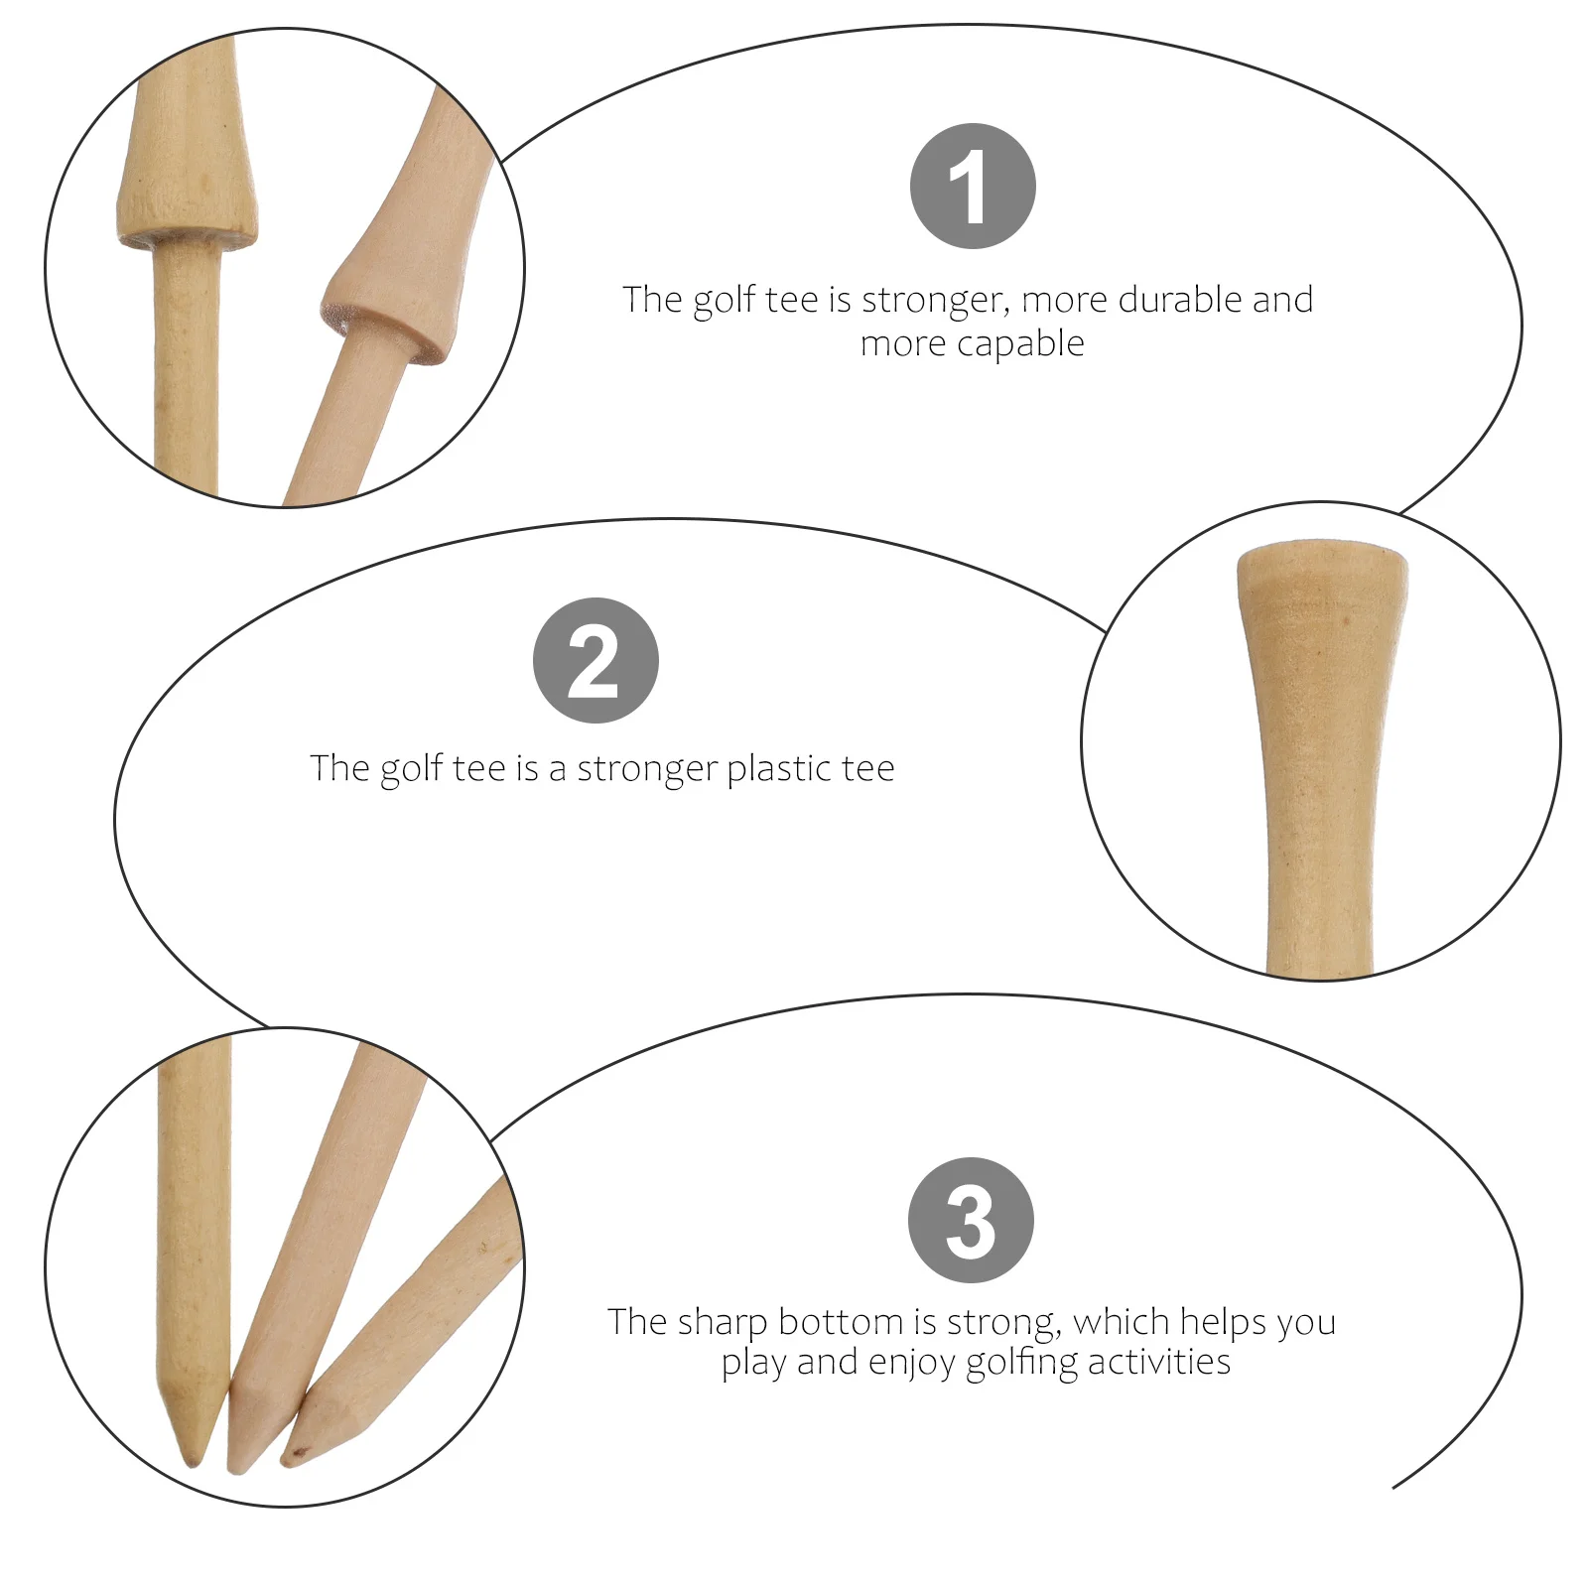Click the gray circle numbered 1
coord(972,186)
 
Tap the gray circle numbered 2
coord(595,660)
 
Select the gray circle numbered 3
coord(971,1220)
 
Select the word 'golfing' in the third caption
coord(1021,1363)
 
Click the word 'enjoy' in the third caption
coord(911,1363)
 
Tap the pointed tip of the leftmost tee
coord(193,1460)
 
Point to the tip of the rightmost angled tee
coord(287,1460)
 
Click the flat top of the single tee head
coord(1321,549)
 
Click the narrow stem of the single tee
coord(1319,893)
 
